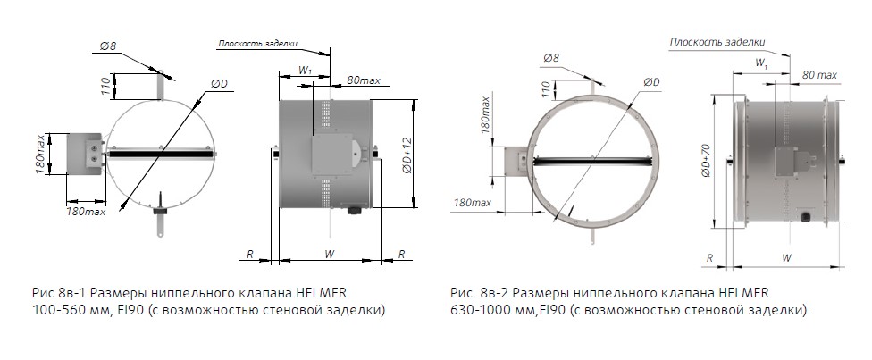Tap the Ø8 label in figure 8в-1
point(108,46)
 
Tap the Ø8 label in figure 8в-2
point(551,57)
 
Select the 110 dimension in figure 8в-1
point(106,86)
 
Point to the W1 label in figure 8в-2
point(761,63)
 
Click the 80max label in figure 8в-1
point(365,80)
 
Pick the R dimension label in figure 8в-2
point(709,258)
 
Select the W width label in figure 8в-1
point(329,255)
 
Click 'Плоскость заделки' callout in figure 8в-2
point(717,42)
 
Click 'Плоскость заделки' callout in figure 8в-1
point(258,44)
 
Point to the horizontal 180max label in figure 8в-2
point(473,203)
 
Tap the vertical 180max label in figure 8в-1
point(40,153)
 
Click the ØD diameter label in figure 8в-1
point(219,83)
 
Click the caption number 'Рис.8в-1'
point(59,293)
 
